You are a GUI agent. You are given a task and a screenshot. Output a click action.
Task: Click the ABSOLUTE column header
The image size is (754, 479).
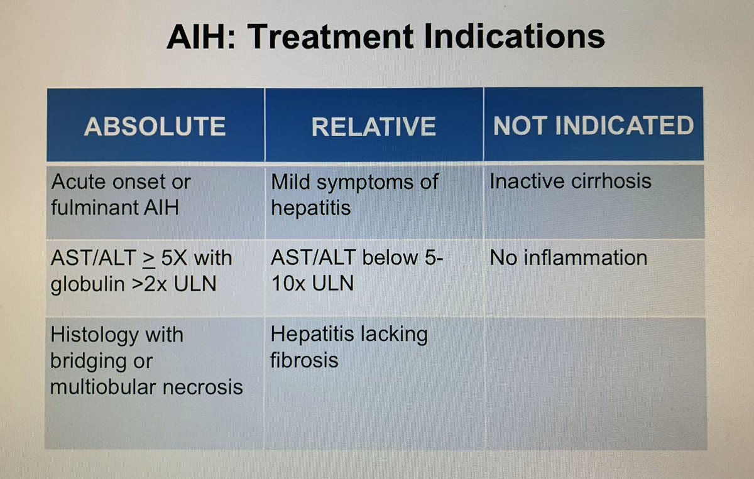point(155,126)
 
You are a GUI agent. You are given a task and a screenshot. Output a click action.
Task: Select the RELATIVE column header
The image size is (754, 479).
point(373,126)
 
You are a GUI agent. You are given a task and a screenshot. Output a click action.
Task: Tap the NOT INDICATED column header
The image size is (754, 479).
point(593,126)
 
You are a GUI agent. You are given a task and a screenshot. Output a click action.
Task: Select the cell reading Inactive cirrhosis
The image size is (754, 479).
point(570,182)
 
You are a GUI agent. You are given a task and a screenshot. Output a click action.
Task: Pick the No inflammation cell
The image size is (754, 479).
point(568,258)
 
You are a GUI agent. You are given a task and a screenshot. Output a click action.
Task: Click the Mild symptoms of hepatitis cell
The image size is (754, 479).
point(354,195)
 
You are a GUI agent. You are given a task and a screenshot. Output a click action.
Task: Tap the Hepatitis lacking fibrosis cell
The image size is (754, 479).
point(349,347)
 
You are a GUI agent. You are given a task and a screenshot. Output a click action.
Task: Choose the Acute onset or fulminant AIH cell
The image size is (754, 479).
point(121,195)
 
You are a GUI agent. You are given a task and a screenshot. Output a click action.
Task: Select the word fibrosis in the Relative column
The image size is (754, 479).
point(304,360)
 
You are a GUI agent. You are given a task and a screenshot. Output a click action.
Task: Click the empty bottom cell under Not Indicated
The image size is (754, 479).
point(593,382)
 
